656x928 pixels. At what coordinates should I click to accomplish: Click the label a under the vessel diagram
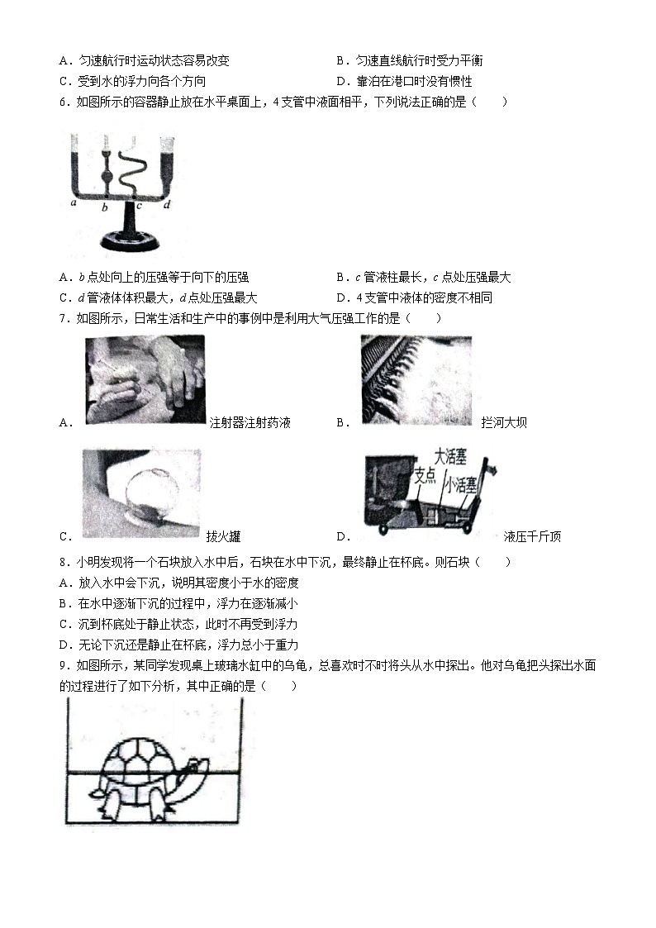click(74, 202)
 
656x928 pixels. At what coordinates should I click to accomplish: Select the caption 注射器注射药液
click(250, 423)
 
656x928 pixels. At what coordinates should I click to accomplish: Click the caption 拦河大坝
click(503, 423)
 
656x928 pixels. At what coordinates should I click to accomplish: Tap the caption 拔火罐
click(223, 537)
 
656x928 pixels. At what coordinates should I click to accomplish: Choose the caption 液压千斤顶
click(532, 537)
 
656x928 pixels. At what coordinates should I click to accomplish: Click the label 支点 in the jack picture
click(424, 474)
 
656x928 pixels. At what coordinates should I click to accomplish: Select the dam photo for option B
click(416, 380)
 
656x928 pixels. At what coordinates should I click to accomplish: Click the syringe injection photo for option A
click(145, 380)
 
